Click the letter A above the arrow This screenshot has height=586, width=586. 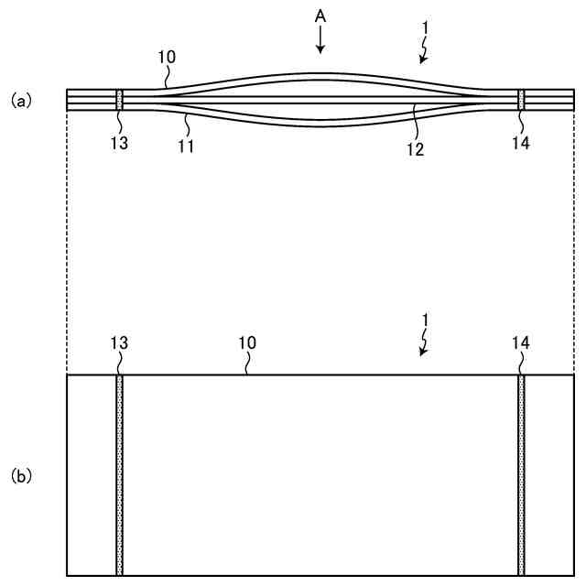319,17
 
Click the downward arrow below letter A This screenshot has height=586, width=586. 319,40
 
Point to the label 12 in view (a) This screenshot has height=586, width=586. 415,148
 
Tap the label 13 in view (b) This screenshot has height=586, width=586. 119,342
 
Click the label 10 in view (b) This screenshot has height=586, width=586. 247,342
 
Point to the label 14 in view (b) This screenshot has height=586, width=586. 521,342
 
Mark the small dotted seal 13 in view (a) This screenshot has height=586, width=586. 119,100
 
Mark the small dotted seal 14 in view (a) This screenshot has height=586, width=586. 521,100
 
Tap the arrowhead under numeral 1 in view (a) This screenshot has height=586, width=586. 422,61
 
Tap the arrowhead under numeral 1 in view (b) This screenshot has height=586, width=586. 422,353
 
